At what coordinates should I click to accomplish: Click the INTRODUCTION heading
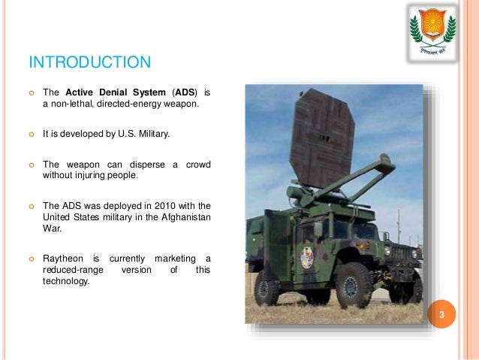(89, 61)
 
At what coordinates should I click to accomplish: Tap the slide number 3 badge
(442, 314)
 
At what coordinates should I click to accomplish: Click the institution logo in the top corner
(432, 31)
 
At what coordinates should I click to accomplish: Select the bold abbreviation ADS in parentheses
(185, 93)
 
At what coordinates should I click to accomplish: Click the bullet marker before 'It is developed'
(32, 135)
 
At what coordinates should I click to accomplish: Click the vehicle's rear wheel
(267, 287)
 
